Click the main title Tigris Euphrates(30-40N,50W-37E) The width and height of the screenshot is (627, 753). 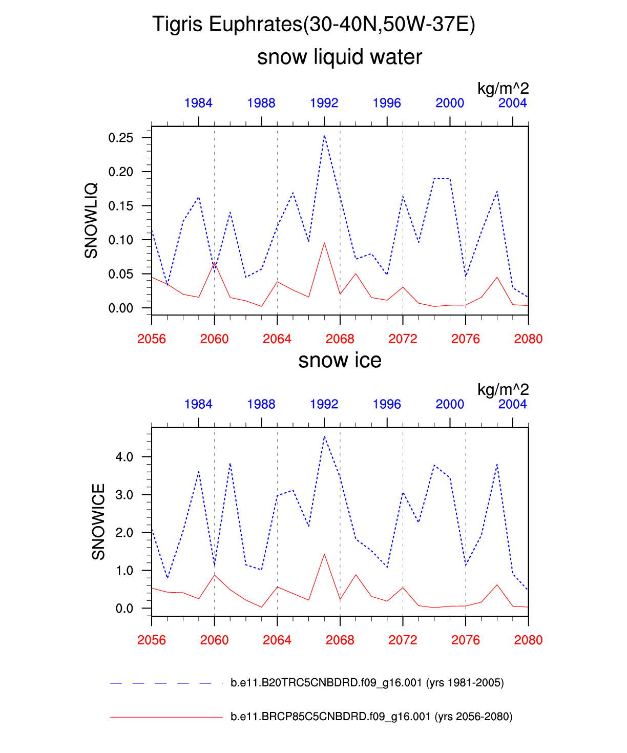click(313, 24)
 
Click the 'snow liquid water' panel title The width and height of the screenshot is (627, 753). click(340, 57)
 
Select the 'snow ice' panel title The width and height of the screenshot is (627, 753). click(340, 360)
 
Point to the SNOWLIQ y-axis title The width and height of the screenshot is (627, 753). click(91, 221)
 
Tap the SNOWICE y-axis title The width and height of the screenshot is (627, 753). click(98, 521)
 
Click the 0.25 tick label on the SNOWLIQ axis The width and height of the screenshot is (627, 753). click(120, 138)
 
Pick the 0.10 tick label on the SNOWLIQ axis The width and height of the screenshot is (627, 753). click(120, 240)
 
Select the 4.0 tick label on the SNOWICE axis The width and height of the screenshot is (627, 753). click(124, 456)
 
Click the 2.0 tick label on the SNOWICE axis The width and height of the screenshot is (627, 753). click(124, 532)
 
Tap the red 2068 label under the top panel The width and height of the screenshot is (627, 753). click(340, 339)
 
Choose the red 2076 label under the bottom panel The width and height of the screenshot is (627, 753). click(466, 640)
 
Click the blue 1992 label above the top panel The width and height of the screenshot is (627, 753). click(324, 103)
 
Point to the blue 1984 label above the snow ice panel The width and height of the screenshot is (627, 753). click(198, 404)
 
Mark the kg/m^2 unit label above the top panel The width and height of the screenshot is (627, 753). click(503, 88)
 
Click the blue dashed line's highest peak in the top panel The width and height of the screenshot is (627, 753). click(324, 136)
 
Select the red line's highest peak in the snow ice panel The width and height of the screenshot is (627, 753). click(324, 554)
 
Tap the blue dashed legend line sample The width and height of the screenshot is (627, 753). click(161, 683)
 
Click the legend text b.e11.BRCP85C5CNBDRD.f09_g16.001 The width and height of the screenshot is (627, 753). click(330, 717)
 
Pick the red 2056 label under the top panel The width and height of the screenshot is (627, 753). click(152, 339)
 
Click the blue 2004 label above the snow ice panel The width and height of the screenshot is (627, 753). click(513, 404)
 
